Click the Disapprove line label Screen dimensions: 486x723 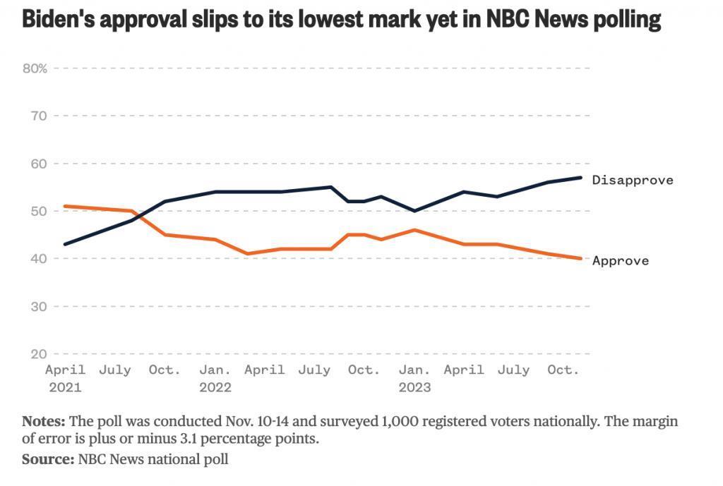tap(633, 180)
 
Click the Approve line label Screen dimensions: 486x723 tap(620, 261)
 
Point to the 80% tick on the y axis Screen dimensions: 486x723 tap(35, 68)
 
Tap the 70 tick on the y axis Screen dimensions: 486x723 tap(38, 116)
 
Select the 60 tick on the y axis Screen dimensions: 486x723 tap(38, 164)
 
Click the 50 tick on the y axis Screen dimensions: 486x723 tap(38, 211)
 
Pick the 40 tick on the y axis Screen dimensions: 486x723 tap(38, 259)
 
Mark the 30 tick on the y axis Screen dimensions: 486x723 tap(38, 306)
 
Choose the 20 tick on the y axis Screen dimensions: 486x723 tap(38, 354)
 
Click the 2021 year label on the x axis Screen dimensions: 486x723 tap(65, 387)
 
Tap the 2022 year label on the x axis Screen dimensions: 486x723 tap(215, 387)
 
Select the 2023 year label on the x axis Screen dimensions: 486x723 tap(414, 387)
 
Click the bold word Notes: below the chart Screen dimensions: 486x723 tap(44, 422)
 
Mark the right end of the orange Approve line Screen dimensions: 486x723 tap(581, 258)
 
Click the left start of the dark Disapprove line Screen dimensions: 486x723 tap(65, 244)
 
